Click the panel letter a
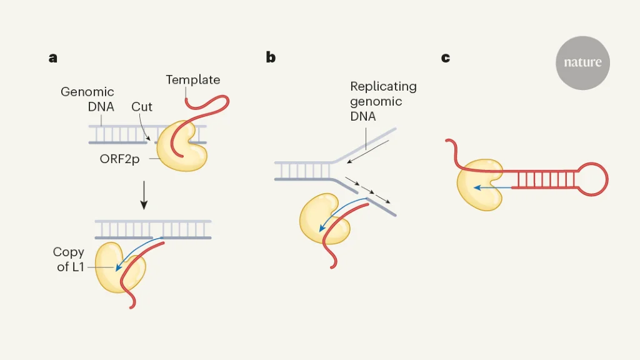tap(53, 58)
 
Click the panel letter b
tap(271, 57)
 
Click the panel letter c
tap(445, 58)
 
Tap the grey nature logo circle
tap(582, 62)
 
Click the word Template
tap(192, 80)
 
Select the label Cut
tap(142, 107)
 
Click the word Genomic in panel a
tap(87, 92)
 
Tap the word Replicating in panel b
tap(383, 86)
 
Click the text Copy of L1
tap(69, 259)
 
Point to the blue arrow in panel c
tap(494, 187)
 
